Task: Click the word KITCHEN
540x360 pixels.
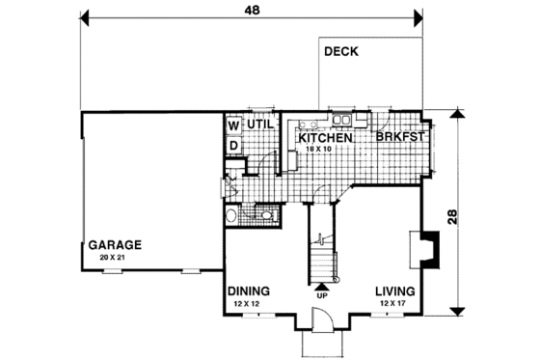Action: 322,138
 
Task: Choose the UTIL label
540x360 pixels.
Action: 262,125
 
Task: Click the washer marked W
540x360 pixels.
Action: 233,125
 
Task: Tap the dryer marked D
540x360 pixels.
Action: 233,146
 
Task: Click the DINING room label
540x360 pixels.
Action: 249,291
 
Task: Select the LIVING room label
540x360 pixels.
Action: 396,291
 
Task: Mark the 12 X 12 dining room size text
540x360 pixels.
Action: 248,304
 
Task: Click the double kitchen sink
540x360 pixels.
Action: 341,120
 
